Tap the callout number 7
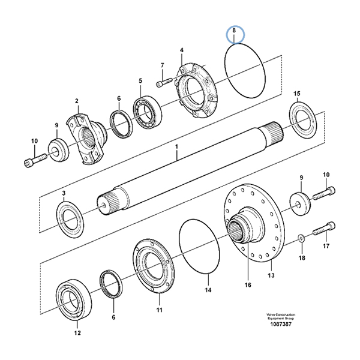coord(162,65)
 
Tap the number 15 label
coord(296,94)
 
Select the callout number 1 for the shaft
coord(177,146)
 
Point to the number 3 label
coord(63,193)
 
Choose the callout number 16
coord(247,286)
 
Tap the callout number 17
coord(326,245)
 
